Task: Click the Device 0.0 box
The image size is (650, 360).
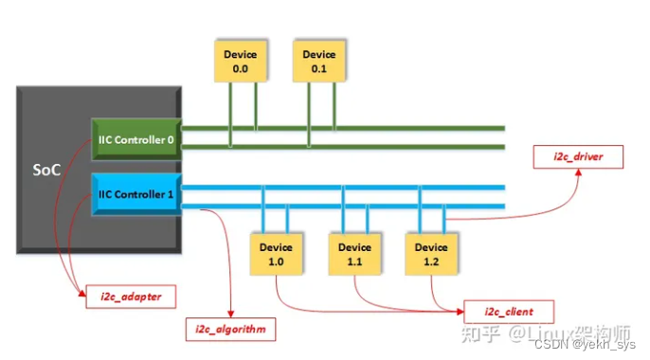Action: coord(241,61)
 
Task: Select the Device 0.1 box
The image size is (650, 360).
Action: coord(319,61)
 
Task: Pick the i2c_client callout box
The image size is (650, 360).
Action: coord(506,310)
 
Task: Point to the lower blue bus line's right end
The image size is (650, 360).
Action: coord(502,206)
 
